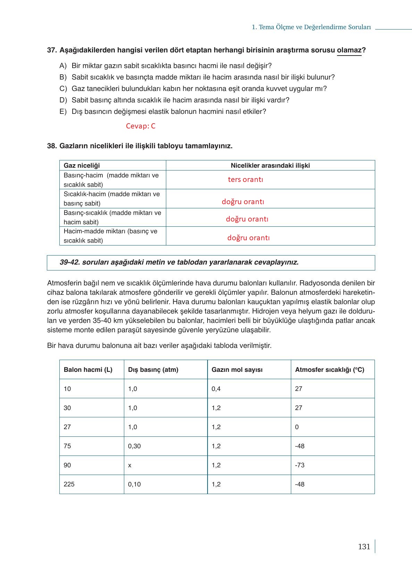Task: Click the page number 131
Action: pyautogui.click(x=364, y=546)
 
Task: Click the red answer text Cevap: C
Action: pyautogui.click(x=141, y=126)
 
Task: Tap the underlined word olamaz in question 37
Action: pyautogui.click(x=349, y=50)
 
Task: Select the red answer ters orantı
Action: pyautogui.click(x=245, y=180)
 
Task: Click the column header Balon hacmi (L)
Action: pyautogui.click(x=88, y=369)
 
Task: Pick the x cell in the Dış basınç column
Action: pyautogui.click(x=130, y=465)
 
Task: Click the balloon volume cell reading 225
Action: pyautogui.click(x=69, y=484)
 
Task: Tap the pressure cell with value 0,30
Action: pyautogui.click(x=134, y=446)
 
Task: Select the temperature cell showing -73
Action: pyautogui.click(x=300, y=465)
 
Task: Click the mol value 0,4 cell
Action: pyautogui.click(x=216, y=389)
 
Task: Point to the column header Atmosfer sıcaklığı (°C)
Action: pyautogui.click(x=329, y=369)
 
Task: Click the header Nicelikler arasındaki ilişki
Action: pyautogui.click(x=270, y=166)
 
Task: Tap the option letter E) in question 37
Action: pyautogui.click(x=63, y=111)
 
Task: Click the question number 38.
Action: pyautogui.click(x=52, y=146)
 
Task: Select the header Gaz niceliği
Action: pyautogui.click(x=82, y=166)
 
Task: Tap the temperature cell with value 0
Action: pyautogui.click(x=297, y=427)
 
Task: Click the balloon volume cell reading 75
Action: pyautogui.click(x=67, y=446)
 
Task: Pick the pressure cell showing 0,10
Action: pyautogui.click(x=134, y=484)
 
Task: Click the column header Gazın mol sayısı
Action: pyautogui.click(x=237, y=369)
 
